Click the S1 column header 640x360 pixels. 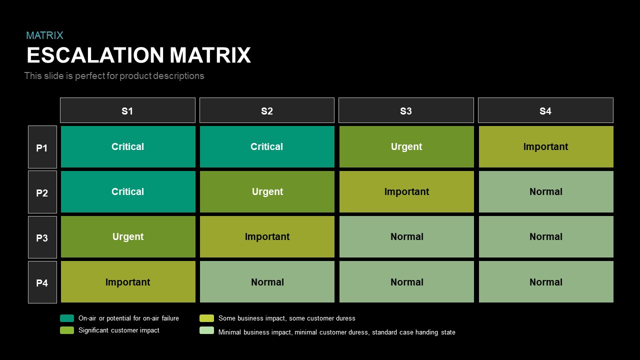(x=127, y=110)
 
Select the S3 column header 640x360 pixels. (x=406, y=110)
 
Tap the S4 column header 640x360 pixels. (x=545, y=110)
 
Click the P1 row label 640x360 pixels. (x=42, y=147)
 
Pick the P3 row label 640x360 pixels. (x=42, y=237)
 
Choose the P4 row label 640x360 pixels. (x=42, y=282)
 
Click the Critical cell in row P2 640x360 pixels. (x=128, y=192)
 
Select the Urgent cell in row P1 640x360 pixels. (x=406, y=147)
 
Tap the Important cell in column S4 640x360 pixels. (x=546, y=147)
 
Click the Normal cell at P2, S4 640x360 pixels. (x=546, y=192)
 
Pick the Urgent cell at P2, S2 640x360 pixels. (x=267, y=192)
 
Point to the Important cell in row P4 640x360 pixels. (x=128, y=282)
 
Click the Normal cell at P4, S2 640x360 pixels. (x=267, y=282)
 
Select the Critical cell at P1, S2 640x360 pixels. (x=267, y=147)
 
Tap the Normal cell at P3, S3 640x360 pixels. (x=406, y=237)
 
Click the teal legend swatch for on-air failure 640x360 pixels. (x=67, y=318)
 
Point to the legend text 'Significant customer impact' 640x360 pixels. (x=119, y=330)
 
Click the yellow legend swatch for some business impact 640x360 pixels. (x=206, y=318)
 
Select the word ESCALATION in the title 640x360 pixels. (x=95, y=55)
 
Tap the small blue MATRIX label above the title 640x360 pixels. (x=44, y=35)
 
